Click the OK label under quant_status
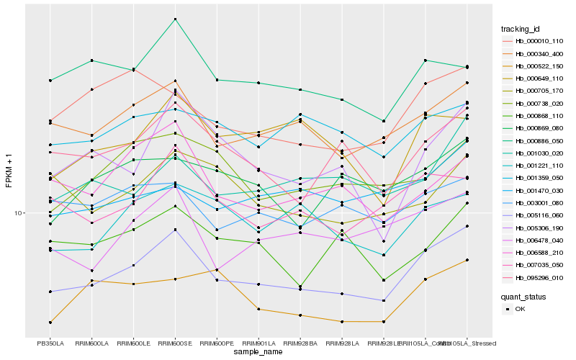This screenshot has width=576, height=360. (520, 309)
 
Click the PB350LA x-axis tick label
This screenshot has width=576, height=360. (50, 343)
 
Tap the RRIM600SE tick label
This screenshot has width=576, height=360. (175, 343)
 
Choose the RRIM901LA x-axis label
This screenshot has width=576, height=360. (258, 343)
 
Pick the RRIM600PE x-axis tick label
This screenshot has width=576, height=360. (217, 343)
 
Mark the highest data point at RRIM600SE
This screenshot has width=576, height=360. (175, 19)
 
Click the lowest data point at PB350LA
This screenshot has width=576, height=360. (50, 322)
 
